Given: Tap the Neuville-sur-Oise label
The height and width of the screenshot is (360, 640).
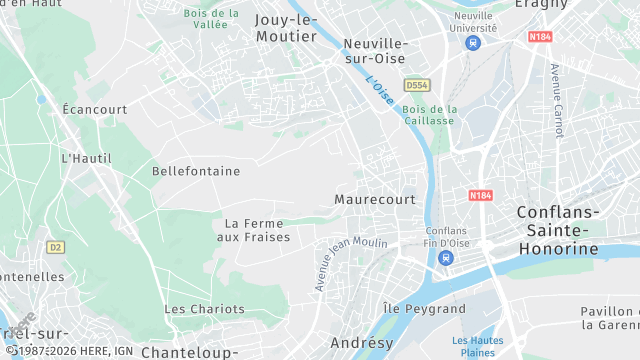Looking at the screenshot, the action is point(375,51).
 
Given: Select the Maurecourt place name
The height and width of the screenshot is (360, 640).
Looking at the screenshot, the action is point(375,200).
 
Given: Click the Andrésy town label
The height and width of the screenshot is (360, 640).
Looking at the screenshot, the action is point(361,343).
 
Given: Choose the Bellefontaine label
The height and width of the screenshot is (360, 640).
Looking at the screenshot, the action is point(196,171).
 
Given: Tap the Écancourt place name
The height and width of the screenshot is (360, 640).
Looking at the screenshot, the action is point(94,108).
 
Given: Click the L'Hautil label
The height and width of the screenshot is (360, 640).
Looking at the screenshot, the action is point(84,158).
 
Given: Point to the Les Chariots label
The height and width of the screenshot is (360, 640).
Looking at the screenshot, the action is point(200,309).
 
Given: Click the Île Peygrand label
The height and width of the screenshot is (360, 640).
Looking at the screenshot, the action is point(424,309).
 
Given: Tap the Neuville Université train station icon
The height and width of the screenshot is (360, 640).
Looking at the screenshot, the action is point(474,43).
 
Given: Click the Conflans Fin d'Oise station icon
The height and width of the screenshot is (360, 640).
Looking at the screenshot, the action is point(445,258).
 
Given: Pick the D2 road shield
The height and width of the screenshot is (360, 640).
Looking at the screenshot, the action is point(55,246).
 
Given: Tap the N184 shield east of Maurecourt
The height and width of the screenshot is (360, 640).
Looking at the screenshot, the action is point(481,196).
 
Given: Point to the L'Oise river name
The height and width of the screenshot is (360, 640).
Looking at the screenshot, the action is point(379,91).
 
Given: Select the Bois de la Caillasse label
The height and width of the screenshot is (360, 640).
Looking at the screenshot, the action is point(430,114).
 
